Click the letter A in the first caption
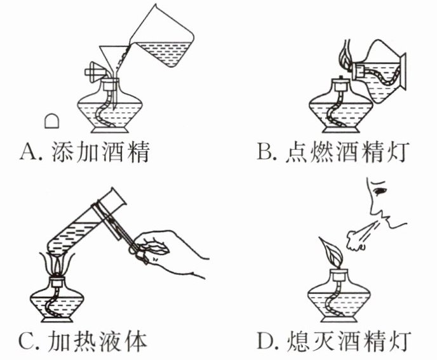tap(29, 152)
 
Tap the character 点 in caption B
tap(297, 152)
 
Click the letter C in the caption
tap(27, 342)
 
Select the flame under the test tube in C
tap(57, 263)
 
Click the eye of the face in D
tap(380, 191)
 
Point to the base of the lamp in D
tap(339, 317)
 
